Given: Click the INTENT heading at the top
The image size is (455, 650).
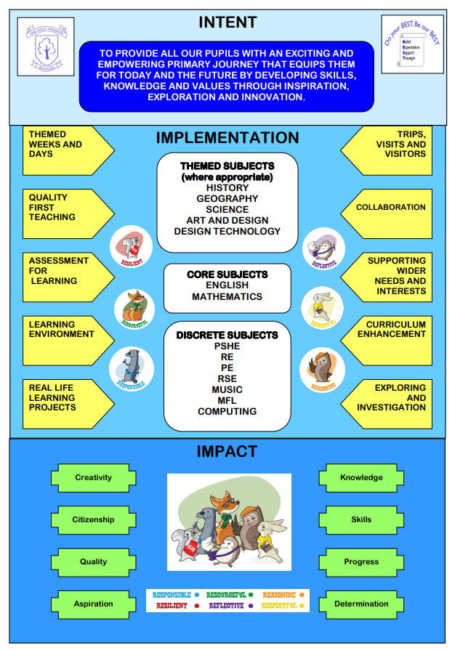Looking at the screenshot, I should [227, 23].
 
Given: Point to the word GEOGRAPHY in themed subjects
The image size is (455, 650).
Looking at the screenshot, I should [227, 199].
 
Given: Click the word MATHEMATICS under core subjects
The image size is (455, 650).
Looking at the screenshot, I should [227, 297].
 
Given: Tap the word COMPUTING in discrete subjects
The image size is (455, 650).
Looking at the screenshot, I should [227, 412].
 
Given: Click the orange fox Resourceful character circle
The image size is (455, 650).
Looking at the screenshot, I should [134, 308].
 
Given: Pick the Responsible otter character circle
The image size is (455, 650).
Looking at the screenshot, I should [131, 369].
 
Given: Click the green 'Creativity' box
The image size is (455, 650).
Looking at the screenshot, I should [94, 478].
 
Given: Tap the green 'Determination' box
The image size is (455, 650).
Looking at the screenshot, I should [361, 604].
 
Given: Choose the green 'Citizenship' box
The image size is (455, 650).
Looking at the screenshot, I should [94, 520].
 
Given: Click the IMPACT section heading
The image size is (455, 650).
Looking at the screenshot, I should [227, 452].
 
